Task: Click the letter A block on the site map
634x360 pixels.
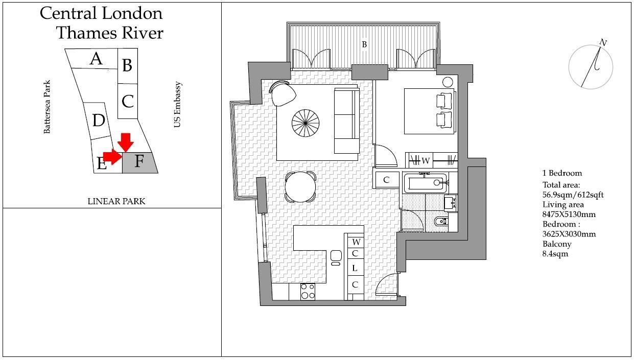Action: (x=95, y=59)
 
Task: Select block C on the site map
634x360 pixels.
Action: (x=127, y=101)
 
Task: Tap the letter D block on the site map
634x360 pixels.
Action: (x=98, y=121)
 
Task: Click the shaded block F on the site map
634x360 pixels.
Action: (x=139, y=162)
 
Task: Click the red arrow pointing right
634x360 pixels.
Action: (x=112, y=157)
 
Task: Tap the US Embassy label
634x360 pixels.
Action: (x=177, y=105)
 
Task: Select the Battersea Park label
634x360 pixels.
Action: (x=47, y=107)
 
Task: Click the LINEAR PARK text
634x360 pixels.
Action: (x=116, y=201)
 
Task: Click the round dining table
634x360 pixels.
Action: (x=300, y=187)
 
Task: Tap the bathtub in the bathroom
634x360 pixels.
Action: (x=426, y=183)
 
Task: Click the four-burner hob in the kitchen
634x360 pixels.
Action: (x=308, y=291)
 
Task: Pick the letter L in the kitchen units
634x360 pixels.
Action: (x=355, y=269)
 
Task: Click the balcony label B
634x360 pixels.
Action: (x=364, y=45)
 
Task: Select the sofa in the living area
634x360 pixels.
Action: (x=346, y=121)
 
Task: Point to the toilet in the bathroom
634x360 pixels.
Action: (x=442, y=222)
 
